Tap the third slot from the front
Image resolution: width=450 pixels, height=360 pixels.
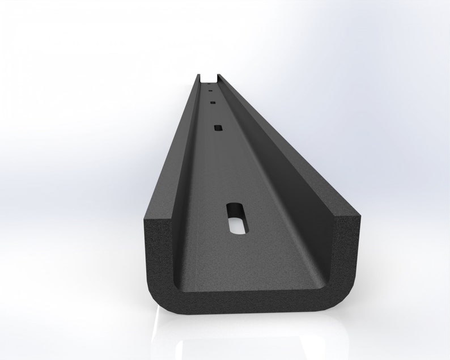coord(213,103)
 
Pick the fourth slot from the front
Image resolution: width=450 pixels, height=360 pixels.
coord(210,90)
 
